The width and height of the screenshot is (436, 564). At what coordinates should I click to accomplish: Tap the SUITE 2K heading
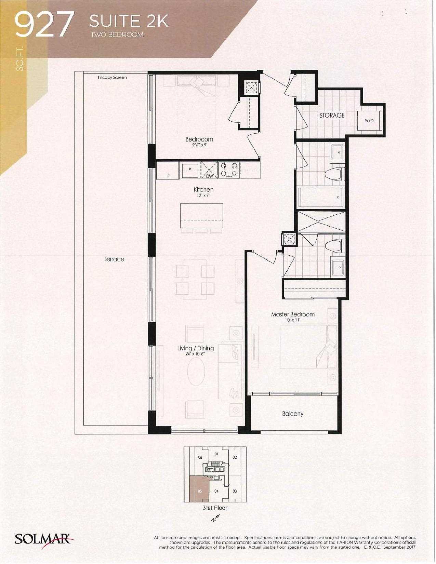click(x=129, y=21)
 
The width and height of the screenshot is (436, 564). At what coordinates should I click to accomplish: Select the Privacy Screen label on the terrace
click(x=112, y=77)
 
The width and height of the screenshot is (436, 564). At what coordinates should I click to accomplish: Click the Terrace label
click(x=114, y=259)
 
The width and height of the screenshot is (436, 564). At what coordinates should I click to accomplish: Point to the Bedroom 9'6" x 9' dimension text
click(x=199, y=145)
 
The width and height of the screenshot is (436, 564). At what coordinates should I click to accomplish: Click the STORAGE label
click(x=332, y=115)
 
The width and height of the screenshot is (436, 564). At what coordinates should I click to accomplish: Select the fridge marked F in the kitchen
click(x=168, y=170)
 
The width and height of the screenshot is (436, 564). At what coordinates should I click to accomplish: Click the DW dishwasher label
click(x=209, y=176)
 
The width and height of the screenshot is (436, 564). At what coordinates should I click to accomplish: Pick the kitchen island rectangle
click(x=202, y=215)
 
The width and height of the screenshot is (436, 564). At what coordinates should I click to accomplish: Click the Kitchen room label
click(x=203, y=190)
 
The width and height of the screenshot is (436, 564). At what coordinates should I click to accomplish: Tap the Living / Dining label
click(x=196, y=348)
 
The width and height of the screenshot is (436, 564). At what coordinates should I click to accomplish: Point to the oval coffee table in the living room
click(x=196, y=372)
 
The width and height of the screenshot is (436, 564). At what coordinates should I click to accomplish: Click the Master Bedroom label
click(x=293, y=314)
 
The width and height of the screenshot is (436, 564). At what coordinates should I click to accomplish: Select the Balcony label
click(x=293, y=414)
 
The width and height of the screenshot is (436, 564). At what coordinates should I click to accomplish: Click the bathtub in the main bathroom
click(x=321, y=197)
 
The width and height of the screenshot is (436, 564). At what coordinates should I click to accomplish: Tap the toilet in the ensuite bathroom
click(x=335, y=245)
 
